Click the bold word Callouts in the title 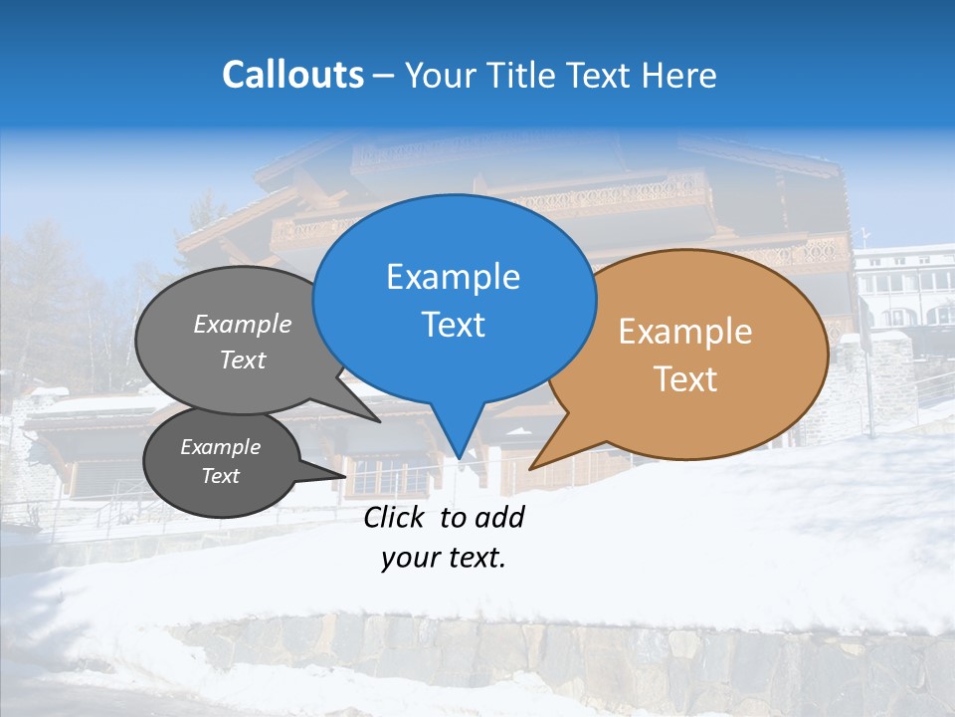[292, 75]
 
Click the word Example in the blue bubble [453, 277]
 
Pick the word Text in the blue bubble [453, 325]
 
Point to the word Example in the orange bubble [685, 332]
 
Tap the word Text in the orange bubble [685, 379]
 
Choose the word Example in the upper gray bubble [243, 324]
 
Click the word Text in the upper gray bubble [243, 359]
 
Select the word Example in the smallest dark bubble [220, 447]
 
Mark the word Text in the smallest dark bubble [220, 476]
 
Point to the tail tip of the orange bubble [532, 467]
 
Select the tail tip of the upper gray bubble [380, 421]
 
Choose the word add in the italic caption [500, 517]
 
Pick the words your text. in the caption [444, 558]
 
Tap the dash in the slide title [385, 75]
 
